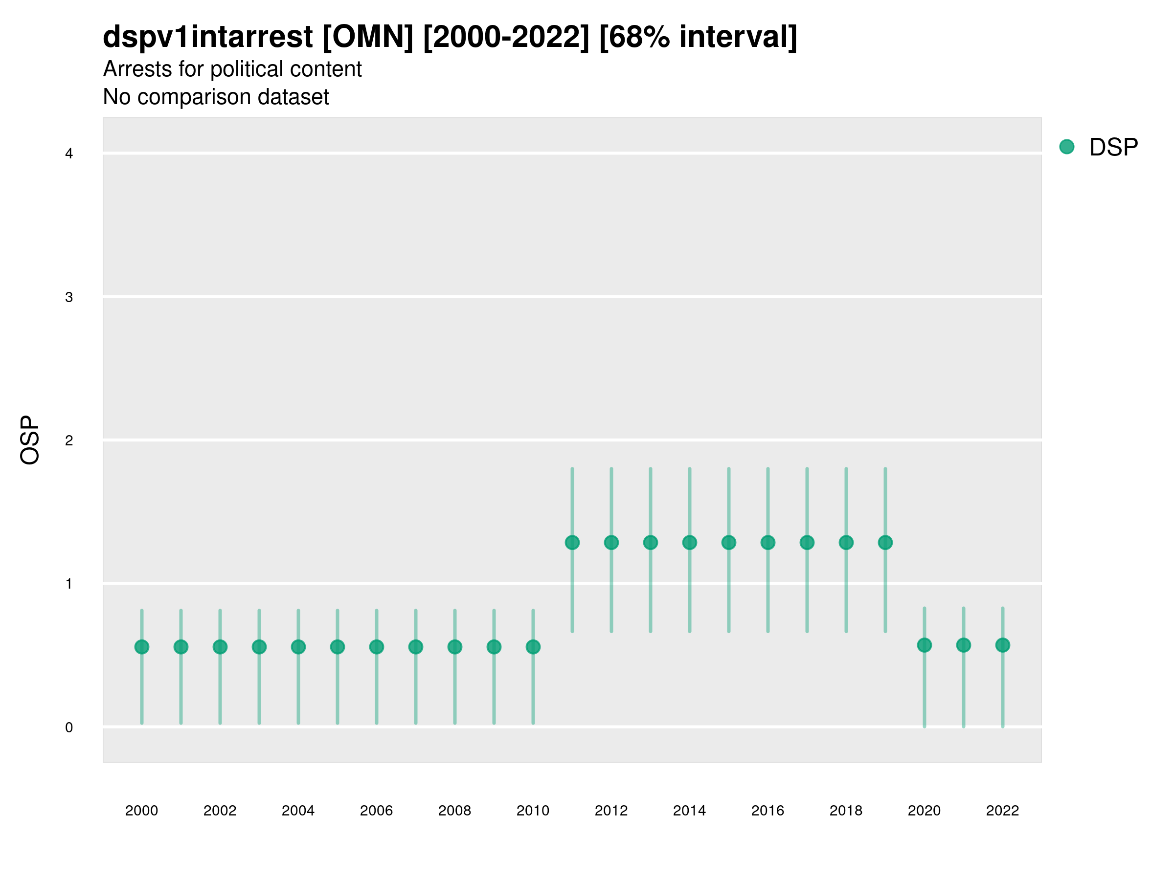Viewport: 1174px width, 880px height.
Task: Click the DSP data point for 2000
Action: coord(142,647)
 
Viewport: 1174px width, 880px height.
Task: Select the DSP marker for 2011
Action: coord(572,542)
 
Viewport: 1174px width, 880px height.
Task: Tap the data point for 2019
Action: coord(885,542)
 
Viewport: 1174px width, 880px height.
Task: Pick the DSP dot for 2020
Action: coord(925,645)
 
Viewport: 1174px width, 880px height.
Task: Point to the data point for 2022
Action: coord(1003,645)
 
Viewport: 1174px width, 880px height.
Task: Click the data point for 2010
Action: coord(533,647)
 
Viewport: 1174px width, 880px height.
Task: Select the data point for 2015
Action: coord(729,542)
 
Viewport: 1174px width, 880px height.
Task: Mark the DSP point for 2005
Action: coord(338,647)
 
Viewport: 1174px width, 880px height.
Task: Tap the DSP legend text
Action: coord(1113,147)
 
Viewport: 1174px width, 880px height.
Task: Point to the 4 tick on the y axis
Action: coord(69,154)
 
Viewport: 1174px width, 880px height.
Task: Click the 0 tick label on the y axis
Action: coord(69,727)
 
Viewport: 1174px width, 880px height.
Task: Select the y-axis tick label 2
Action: coord(69,440)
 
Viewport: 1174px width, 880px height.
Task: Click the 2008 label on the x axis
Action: coord(455,811)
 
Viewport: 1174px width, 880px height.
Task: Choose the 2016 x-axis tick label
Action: coord(768,811)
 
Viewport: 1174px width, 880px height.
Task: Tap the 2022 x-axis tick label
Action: coord(1003,811)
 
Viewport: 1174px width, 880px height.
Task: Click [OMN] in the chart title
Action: coord(367,37)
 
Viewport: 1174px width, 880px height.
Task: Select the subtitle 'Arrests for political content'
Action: coord(232,69)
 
